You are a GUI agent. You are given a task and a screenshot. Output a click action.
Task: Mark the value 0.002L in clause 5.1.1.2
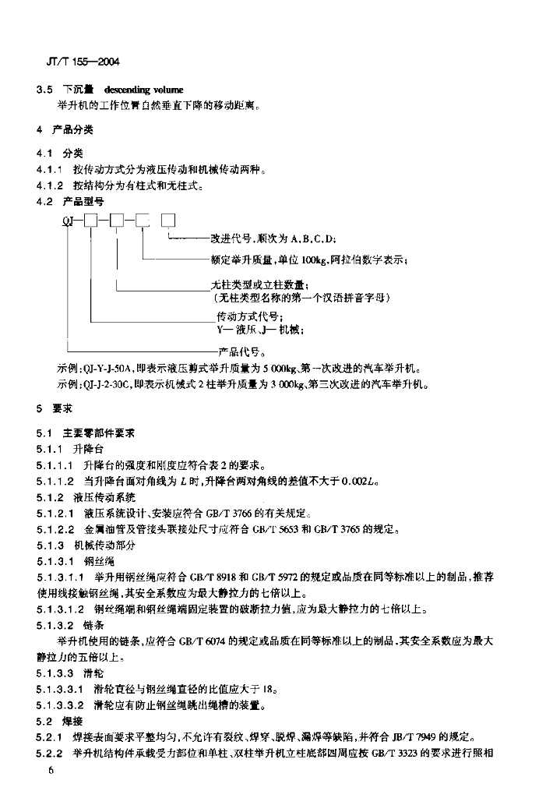tap(361, 481)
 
